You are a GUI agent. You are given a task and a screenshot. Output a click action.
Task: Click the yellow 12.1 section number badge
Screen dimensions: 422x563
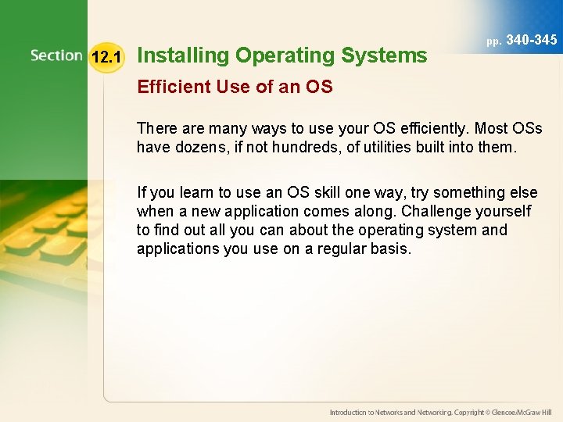[106, 56]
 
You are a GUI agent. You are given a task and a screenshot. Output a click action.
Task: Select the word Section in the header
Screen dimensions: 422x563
[56, 55]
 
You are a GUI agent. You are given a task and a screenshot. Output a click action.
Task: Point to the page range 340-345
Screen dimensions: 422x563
[533, 39]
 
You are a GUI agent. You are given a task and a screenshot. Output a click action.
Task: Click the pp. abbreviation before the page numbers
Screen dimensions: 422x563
[494, 41]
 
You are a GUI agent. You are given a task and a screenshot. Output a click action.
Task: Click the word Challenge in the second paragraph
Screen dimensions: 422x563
[429, 211]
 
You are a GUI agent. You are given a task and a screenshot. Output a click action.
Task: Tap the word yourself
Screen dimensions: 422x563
[504, 211]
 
